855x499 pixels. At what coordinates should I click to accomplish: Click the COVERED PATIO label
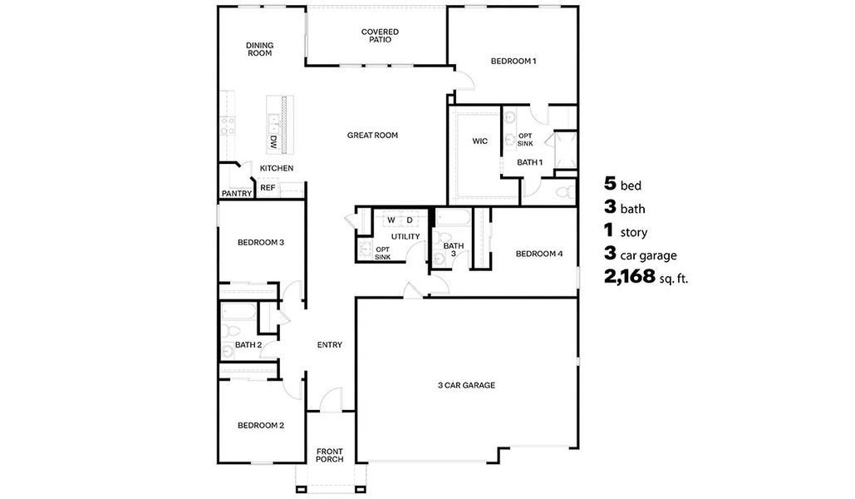click(x=379, y=36)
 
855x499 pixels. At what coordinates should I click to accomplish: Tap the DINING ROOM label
click(x=259, y=49)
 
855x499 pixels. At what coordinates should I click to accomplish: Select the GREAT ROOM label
click(x=372, y=135)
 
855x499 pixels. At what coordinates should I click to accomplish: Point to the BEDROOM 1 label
click(x=513, y=61)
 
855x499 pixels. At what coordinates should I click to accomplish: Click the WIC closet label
click(x=479, y=141)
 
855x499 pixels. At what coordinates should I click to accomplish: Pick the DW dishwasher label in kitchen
click(x=273, y=142)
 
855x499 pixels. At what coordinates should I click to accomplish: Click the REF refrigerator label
click(x=268, y=188)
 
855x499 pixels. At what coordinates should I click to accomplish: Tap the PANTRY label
click(x=237, y=194)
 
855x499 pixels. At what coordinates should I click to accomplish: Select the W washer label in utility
click(x=391, y=220)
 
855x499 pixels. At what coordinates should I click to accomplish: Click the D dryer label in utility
click(x=410, y=220)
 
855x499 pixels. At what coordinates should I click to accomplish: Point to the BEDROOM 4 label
click(x=539, y=254)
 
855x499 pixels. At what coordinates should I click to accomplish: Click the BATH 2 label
click(x=248, y=344)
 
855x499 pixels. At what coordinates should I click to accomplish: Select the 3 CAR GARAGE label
click(x=466, y=385)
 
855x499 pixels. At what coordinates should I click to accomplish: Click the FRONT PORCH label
click(x=329, y=456)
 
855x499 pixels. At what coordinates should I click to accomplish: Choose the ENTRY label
click(x=330, y=345)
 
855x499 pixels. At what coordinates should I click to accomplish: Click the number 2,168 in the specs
click(x=630, y=277)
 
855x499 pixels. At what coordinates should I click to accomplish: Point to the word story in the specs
click(x=634, y=233)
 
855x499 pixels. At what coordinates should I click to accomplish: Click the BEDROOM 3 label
click(x=261, y=243)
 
